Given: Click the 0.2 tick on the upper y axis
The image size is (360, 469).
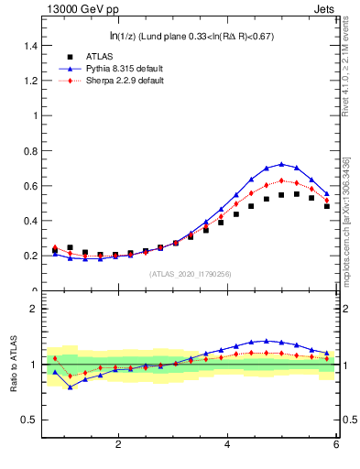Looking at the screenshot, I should click(31, 256).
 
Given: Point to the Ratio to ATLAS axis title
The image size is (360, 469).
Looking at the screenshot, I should click(14, 365).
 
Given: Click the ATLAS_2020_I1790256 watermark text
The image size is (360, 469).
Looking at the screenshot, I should click(191, 274).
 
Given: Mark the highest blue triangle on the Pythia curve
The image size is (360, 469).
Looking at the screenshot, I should click(281, 165).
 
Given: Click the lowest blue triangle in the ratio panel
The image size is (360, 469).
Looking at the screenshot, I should click(70, 387).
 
